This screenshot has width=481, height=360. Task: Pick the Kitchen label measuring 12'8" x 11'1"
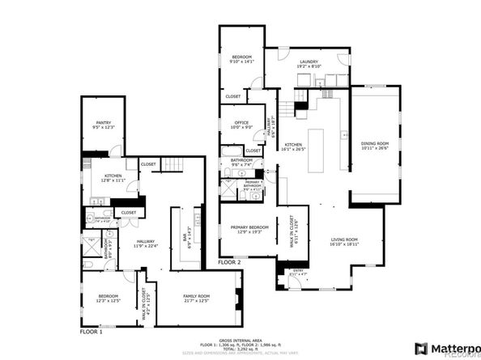(x=113, y=178)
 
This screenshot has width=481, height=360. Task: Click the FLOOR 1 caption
(x=92, y=332)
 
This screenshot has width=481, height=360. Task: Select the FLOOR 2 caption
(x=230, y=262)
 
